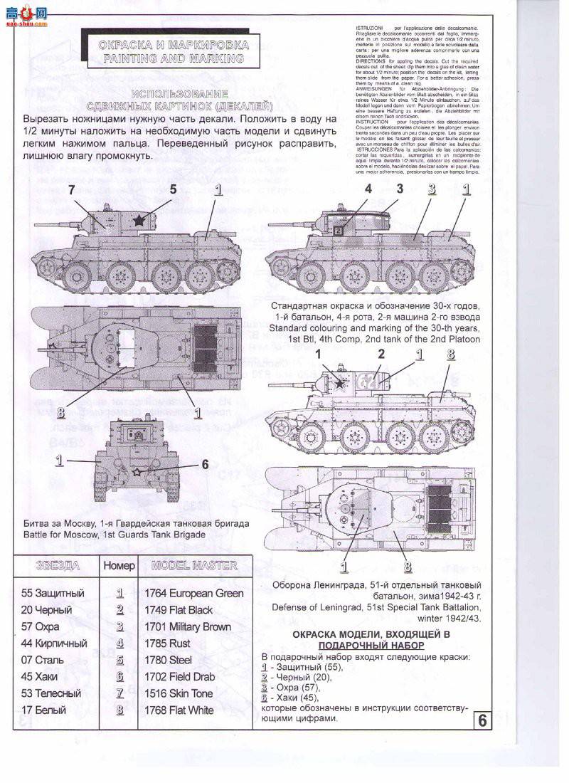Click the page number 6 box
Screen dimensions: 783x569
[482, 720]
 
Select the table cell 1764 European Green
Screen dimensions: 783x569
[193, 593]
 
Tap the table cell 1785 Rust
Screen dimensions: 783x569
[169, 643]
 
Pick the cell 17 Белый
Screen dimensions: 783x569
[44, 710]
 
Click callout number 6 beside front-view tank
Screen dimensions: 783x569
[205, 464]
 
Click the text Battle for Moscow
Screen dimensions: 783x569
[64, 535]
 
